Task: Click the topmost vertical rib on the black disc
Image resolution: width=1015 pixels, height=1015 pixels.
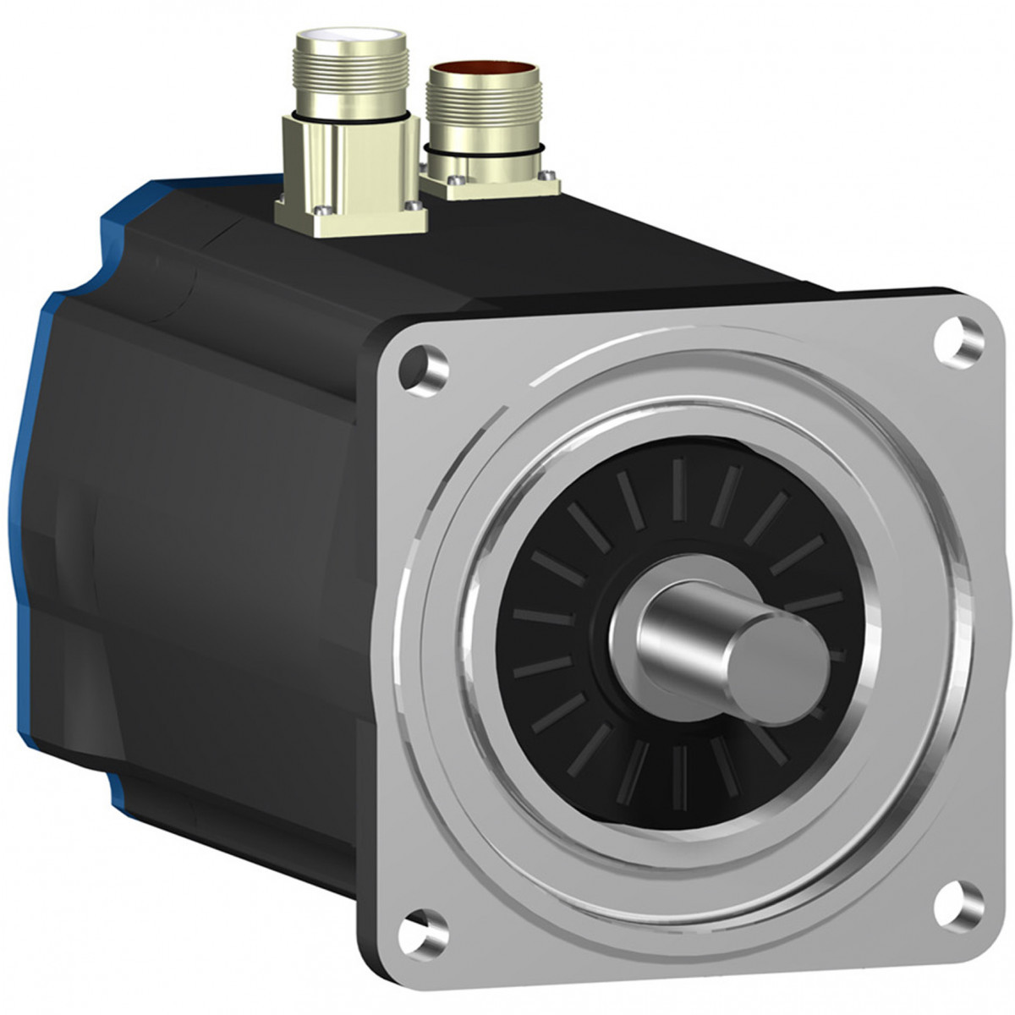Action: point(678,491)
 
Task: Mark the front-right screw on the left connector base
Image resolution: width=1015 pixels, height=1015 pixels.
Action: point(412,206)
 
